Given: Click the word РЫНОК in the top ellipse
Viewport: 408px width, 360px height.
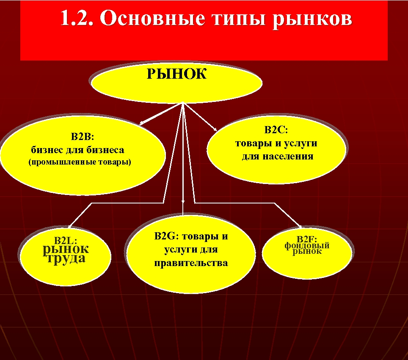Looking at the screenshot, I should point(176,74).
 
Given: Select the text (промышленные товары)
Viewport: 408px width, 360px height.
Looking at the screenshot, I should point(80,162).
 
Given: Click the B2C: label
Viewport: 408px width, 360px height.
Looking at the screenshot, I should point(276,130).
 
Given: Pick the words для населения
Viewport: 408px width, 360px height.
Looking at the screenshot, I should point(278,156).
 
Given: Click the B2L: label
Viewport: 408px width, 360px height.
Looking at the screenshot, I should point(66,241).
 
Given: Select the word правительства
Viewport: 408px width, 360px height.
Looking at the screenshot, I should point(191,263).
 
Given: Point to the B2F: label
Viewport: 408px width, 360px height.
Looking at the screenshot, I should point(307,239).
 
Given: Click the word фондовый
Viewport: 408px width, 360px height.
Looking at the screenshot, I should point(307,245).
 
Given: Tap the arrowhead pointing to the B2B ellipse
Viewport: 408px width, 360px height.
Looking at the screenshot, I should point(141,124).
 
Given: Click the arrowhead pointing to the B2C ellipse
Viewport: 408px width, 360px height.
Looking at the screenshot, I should point(215,129).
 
